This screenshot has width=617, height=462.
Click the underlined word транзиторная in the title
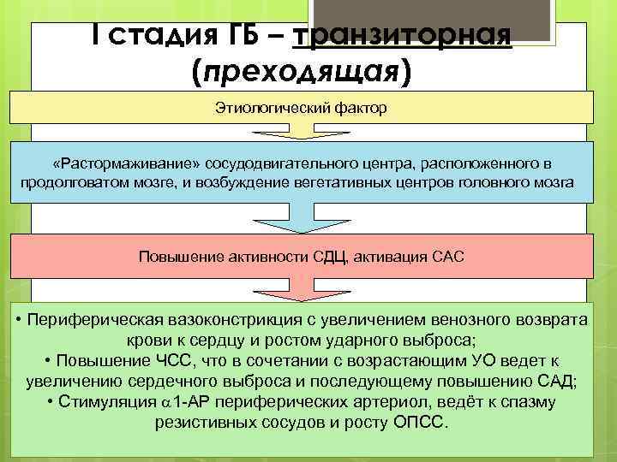tap(402, 37)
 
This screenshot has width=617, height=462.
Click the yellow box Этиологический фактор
tap(301, 109)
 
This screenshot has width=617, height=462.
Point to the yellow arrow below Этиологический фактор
tap(301, 132)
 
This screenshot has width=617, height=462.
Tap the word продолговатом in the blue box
tap(69, 183)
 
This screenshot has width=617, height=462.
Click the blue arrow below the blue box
tap(301, 220)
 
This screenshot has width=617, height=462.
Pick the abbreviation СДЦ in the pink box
tap(332, 256)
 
